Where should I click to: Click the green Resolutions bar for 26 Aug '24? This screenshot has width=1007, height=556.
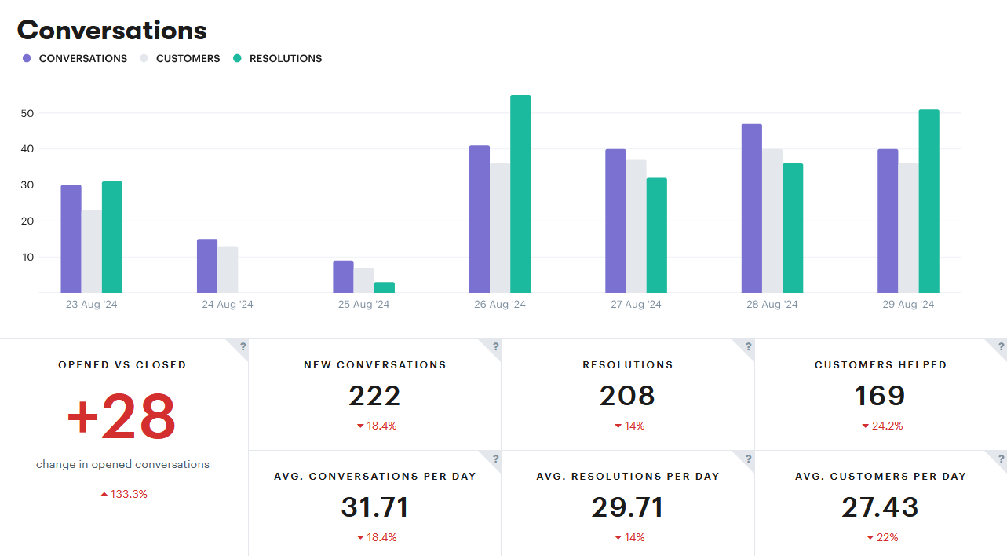pos(520,194)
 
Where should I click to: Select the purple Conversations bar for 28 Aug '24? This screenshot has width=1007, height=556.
pos(751,208)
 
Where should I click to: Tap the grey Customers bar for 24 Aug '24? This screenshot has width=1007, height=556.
pos(228,269)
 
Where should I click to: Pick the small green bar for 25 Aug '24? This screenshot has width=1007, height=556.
pos(385,287)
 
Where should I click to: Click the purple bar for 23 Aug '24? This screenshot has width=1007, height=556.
pos(71,239)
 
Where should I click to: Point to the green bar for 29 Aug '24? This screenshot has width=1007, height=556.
pos(929,201)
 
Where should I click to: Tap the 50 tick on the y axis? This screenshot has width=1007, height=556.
pos(27,113)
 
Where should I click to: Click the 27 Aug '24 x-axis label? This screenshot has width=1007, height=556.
pos(636,305)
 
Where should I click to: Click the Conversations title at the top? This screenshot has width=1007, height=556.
pos(112,30)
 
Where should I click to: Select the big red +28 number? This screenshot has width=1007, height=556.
pos(122,418)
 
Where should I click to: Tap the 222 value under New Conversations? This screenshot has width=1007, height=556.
pos(374,396)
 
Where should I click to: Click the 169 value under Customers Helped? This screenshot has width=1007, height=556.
pos(880,396)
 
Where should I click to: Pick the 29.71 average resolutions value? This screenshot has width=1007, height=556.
pos(627,507)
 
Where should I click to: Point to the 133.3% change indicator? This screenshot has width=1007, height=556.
pos(124,494)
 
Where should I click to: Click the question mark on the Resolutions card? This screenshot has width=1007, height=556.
pos(748,346)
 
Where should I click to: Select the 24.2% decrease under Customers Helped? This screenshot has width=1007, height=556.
pos(882,426)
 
